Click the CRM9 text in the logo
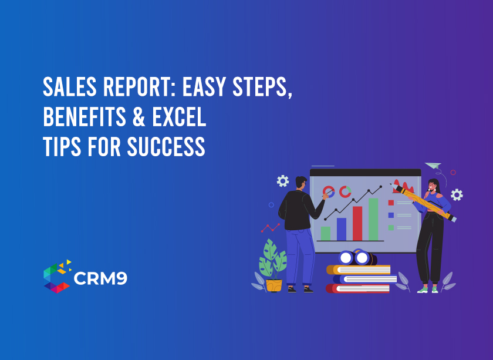click(x=100, y=278)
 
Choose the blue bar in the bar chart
click(x=341, y=228)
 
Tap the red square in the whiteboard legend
click(x=391, y=203)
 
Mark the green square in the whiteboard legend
click(x=391, y=227)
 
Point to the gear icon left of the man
click(x=283, y=181)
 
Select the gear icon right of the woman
click(x=457, y=194)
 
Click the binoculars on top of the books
click(x=354, y=257)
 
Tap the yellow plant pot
click(x=273, y=285)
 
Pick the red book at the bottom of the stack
click(x=359, y=288)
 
